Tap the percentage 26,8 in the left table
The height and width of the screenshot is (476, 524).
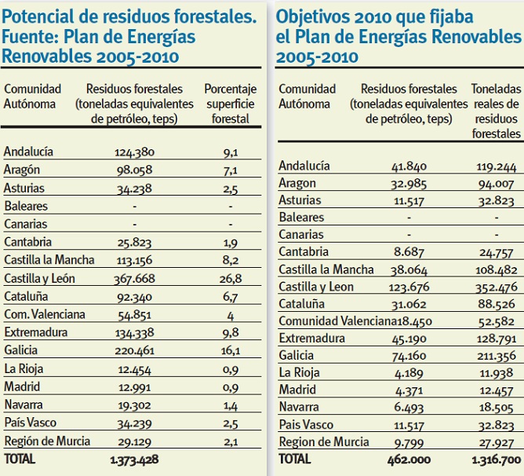tap(231, 278)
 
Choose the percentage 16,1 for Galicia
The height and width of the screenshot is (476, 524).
tap(231, 350)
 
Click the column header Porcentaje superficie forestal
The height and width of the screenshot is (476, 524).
tap(231, 104)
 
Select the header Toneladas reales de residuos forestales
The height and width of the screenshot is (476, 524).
tap(496, 111)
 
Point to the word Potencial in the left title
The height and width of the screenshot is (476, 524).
tap(38, 16)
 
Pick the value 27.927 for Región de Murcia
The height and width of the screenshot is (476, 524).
tap(496, 441)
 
